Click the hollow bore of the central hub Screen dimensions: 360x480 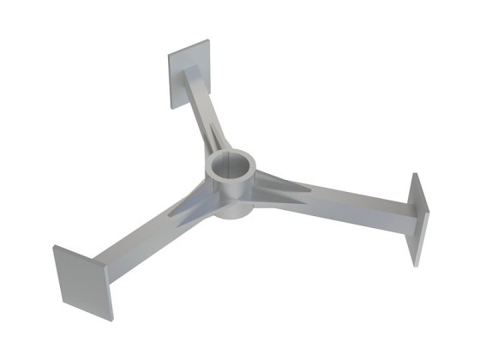231,165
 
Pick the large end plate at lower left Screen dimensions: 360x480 83,283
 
